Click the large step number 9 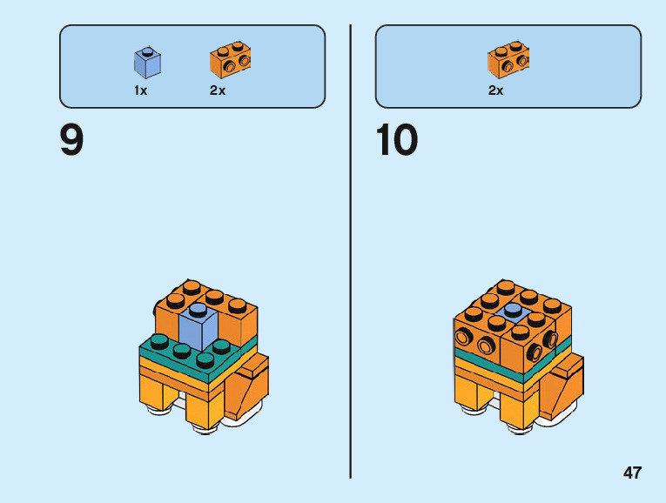tap(72, 140)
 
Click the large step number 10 tap(396, 140)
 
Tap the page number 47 tap(632, 473)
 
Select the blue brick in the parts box tap(147, 63)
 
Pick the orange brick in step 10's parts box tap(509, 60)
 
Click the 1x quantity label tap(141, 91)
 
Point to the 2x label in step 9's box tap(218, 91)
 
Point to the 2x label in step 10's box tap(495, 91)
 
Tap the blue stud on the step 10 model tap(513, 309)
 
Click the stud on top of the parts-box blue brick tap(147, 51)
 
